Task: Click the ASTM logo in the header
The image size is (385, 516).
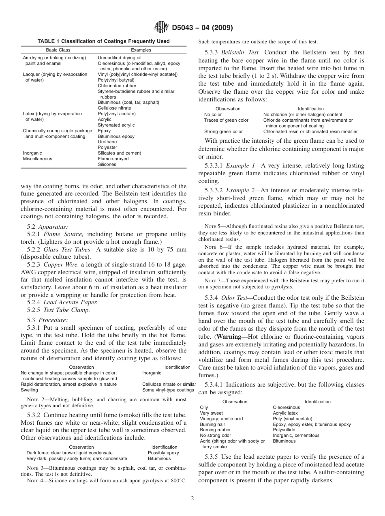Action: [x=162, y=28]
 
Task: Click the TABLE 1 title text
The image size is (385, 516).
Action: [x=104, y=41]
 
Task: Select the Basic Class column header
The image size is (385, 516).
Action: [x=58, y=50]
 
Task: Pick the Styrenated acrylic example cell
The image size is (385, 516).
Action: [x=116, y=125]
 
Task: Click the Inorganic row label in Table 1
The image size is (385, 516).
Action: [x=32, y=153]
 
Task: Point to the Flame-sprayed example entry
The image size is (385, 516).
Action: [x=113, y=159]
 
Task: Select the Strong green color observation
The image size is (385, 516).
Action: [x=223, y=131]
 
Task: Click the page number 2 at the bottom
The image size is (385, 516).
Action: [x=192, y=499]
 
